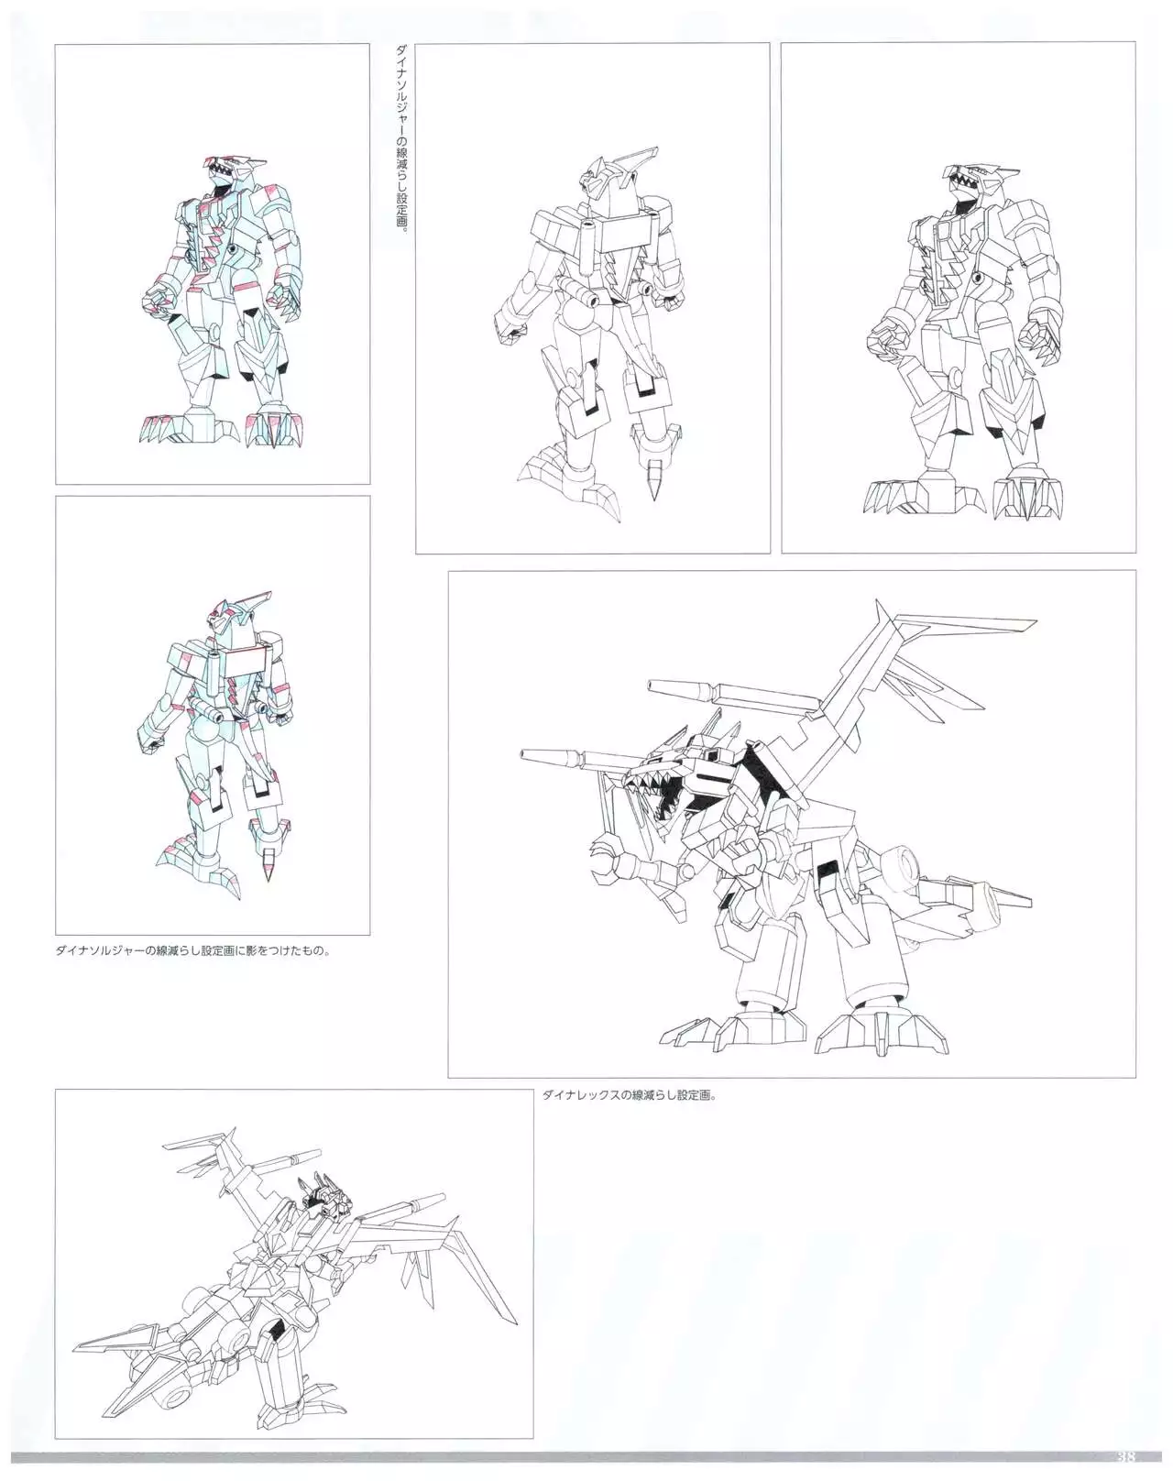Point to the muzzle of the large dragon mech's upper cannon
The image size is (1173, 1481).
(652, 686)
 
